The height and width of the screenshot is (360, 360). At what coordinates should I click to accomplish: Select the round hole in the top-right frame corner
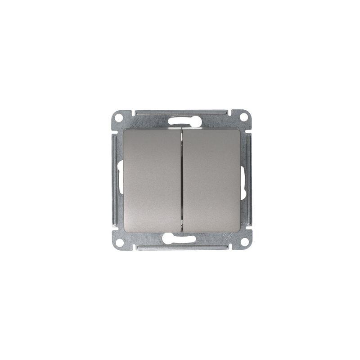coord(243,117)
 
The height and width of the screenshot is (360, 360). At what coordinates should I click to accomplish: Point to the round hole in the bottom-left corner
coord(120,242)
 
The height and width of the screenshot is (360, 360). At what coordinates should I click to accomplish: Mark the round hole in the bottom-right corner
coord(244,242)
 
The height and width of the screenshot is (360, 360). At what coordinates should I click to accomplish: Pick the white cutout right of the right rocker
coord(243,182)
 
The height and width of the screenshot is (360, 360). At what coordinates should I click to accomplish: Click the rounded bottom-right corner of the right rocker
coord(237,229)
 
